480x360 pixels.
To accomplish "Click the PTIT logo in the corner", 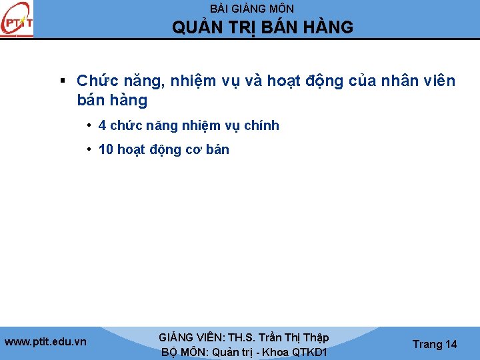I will pos(17,20).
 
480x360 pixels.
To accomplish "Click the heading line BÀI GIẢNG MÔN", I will pos(251,9).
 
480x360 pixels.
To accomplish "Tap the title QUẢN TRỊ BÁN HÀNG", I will pos(263,27).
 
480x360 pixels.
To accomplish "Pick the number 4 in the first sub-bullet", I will pos(102,125).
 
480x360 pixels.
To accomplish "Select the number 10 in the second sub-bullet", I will pos(106,149).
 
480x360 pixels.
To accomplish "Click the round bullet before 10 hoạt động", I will pos(89,149).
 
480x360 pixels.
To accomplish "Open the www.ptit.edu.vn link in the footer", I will pos(45,342).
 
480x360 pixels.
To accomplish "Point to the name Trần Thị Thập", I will pos(293,338).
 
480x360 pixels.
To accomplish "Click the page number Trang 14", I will pos(435,344).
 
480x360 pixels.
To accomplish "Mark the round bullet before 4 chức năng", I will pos(89,125).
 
